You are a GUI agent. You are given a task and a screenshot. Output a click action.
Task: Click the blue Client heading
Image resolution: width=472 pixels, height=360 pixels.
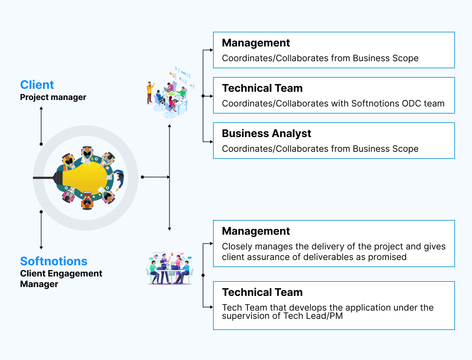[37, 85]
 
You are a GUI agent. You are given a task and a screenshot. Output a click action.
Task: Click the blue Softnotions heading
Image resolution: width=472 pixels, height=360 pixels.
[54, 261]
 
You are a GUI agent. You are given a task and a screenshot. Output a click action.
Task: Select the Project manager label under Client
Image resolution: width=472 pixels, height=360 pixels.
[53, 97]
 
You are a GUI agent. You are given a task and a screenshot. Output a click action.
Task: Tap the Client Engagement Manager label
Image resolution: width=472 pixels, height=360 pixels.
[61, 279]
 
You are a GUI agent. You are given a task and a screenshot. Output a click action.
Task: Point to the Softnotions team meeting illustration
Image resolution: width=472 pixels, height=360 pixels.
[170, 268]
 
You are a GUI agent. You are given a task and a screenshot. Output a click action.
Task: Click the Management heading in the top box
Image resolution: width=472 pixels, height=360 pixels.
[255, 43]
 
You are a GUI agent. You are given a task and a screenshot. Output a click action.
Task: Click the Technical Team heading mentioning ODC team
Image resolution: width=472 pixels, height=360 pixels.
[262, 88]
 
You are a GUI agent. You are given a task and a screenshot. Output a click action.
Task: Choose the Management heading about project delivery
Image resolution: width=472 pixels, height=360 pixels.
[255, 231]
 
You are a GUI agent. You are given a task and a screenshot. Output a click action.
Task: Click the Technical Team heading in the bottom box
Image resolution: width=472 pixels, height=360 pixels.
[262, 292]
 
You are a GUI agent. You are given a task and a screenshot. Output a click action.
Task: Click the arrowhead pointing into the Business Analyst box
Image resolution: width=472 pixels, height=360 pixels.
[210, 141]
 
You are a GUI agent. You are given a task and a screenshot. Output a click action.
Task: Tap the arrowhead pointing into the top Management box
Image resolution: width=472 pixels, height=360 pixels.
[210, 51]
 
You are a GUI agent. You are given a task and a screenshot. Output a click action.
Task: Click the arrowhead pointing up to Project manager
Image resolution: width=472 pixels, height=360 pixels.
[41, 109]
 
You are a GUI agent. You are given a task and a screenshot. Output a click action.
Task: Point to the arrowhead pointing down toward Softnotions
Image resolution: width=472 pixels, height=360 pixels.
[41, 248]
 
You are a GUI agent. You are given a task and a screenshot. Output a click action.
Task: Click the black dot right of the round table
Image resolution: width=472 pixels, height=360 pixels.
[142, 176]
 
